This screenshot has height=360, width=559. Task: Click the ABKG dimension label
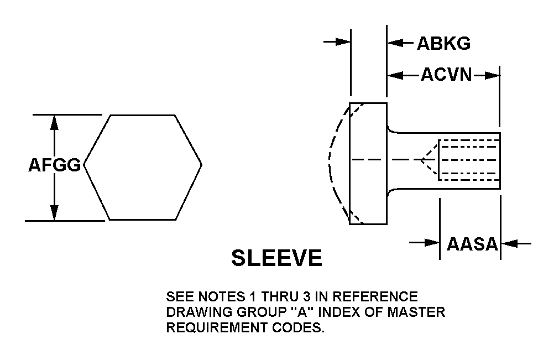(x=443, y=43)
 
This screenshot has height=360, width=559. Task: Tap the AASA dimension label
(x=472, y=243)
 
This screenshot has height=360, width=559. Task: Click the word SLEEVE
(x=276, y=258)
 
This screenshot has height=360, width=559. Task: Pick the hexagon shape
(x=143, y=167)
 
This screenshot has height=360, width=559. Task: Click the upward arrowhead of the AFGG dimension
(x=54, y=122)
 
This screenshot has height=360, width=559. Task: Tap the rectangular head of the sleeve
(x=368, y=164)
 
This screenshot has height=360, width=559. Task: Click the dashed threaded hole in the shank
(x=469, y=160)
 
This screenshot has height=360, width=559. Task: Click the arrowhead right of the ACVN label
(x=492, y=75)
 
